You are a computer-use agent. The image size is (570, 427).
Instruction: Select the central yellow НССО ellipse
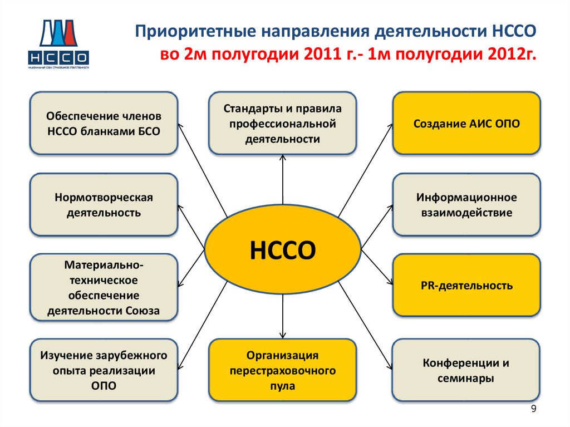(283, 250)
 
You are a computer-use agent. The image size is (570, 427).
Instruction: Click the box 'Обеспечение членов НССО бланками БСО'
(104, 124)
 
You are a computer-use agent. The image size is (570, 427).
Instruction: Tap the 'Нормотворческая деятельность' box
(104, 205)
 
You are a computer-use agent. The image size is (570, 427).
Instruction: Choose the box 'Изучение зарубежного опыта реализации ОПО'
(104, 370)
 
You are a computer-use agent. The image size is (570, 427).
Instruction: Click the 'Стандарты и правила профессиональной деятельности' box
(283, 124)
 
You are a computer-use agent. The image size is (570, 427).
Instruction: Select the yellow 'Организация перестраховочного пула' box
(283, 370)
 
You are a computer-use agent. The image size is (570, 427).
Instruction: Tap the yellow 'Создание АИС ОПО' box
(466, 124)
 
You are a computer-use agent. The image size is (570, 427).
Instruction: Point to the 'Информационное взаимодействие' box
(466, 205)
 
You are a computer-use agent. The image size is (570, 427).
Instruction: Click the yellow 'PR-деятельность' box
(466, 286)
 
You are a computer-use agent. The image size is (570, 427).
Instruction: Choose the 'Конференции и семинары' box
(466, 370)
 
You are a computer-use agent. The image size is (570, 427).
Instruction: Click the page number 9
(534, 410)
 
